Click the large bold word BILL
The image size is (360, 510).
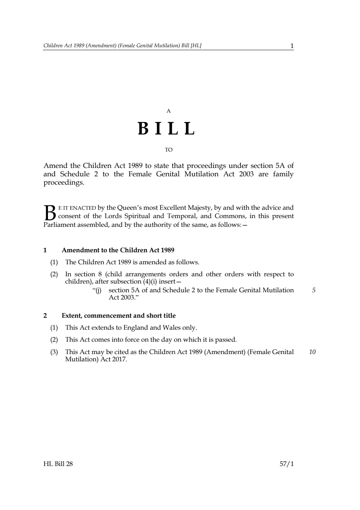[167, 129]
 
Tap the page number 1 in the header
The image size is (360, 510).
[292, 46]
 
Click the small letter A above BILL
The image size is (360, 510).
[169, 111]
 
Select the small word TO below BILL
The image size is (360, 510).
[169, 150]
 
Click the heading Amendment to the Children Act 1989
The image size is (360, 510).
[118, 250]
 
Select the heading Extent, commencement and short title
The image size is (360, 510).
[118, 316]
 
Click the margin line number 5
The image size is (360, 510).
[314, 290]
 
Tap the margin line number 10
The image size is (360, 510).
[312, 352]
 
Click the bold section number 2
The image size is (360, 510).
[45, 316]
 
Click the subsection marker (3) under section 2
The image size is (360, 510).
[54, 352]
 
